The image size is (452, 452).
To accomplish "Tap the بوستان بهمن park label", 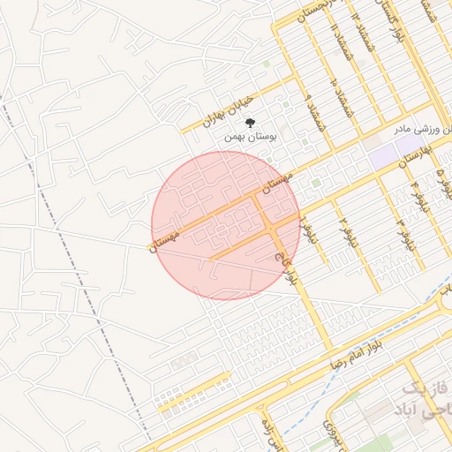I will pos(251,137).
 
